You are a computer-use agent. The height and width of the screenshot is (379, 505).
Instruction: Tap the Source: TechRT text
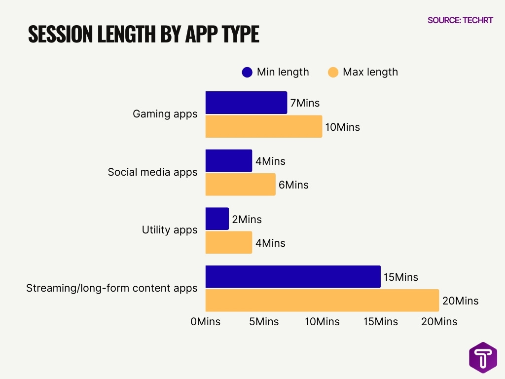(x=460, y=20)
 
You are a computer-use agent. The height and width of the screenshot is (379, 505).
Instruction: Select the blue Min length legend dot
(x=247, y=73)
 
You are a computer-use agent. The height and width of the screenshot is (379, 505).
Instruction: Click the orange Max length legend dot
(x=333, y=73)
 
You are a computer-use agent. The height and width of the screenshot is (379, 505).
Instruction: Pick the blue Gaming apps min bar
(x=246, y=103)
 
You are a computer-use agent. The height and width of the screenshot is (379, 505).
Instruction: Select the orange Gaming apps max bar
(x=263, y=126)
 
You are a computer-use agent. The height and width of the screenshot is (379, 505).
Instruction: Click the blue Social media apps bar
(x=228, y=160)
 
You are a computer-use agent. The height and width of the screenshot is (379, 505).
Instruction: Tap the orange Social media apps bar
(x=240, y=184)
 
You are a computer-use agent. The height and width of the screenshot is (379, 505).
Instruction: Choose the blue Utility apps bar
(x=217, y=219)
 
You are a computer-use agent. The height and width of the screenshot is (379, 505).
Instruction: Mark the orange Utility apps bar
(x=228, y=242)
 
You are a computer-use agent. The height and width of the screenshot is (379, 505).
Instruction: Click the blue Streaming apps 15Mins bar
(x=293, y=276)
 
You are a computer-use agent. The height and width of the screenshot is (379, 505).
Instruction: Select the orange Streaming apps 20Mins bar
(x=322, y=300)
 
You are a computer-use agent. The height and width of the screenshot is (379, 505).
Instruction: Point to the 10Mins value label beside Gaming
(x=343, y=127)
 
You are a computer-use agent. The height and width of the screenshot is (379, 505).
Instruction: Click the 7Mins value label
(x=305, y=103)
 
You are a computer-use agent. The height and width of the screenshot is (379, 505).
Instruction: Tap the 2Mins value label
(x=247, y=220)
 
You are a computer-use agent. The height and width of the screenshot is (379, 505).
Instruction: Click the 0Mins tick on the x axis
(x=206, y=322)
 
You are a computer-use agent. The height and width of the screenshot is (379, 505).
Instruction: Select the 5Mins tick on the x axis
(x=264, y=322)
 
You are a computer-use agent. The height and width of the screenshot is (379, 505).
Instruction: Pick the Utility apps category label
(x=169, y=230)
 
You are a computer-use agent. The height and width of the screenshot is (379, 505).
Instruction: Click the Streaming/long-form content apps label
(x=111, y=288)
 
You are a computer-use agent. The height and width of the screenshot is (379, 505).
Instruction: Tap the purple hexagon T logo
(x=483, y=357)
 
